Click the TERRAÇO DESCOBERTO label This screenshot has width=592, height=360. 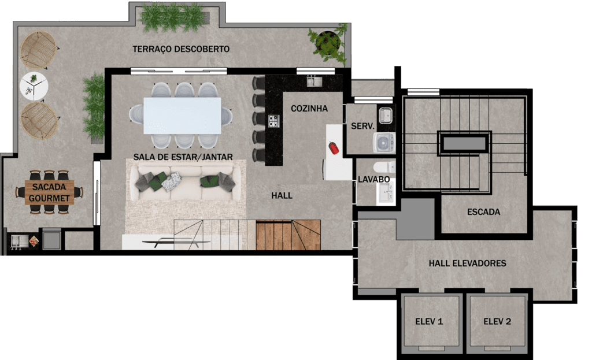[x=181, y=49]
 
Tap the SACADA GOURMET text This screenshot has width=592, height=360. [x=49, y=192]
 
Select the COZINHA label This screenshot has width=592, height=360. [x=309, y=109]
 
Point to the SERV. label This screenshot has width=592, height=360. [x=362, y=126]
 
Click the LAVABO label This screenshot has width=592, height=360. [x=374, y=180]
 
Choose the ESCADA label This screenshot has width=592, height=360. [x=484, y=212]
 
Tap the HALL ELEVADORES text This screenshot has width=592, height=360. [x=467, y=263]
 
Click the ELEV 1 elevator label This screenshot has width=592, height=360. [x=429, y=321]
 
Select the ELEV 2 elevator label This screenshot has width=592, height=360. [x=497, y=321]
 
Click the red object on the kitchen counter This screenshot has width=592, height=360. [x=334, y=147]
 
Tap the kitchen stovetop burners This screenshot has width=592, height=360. [x=273, y=121]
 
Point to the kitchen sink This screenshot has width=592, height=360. [x=314, y=81]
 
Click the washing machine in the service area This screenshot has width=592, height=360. [x=384, y=143]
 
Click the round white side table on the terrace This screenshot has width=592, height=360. [x=34, y=87]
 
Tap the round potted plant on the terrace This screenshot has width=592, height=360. [x=327, y=43]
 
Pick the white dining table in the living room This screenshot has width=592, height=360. [x=182, y=116]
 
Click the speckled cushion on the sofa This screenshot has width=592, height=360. [x=172, y=181]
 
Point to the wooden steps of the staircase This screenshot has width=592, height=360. [x=288, y=235]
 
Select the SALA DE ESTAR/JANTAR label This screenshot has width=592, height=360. [x=183, y=157]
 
